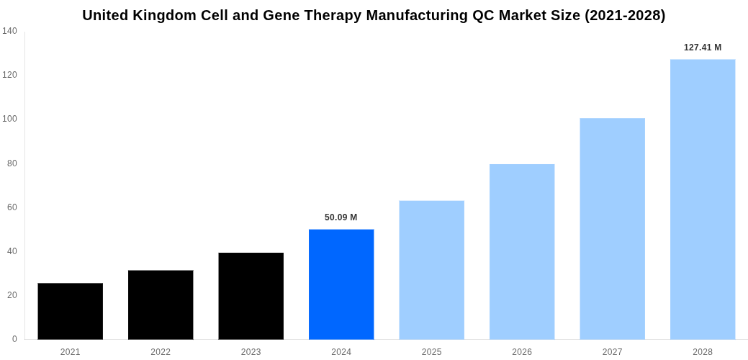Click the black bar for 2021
point(70,311)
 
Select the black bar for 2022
point(161,305)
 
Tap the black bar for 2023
point(251,296)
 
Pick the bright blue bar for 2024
point(341,284)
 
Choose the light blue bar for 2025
point(431,270)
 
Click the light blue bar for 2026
point(522,251)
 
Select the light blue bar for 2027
point(612,228)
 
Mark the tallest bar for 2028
point(703,199)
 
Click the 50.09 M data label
point(341,217)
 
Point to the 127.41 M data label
point(702,48)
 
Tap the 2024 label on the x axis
point(341,352)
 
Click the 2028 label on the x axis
point(703,352)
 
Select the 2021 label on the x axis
point(70,352)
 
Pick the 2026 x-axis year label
point(522,352)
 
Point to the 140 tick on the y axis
point(9,31)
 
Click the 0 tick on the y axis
point(14,339)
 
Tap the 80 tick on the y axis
point(12,163)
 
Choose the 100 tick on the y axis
point(9,119)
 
